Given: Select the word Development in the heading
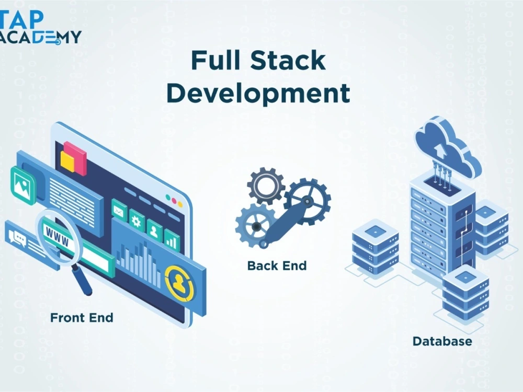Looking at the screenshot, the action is tap(258, 94).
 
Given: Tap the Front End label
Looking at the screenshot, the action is tap(82, 318).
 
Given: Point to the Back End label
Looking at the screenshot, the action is tap(277, 266).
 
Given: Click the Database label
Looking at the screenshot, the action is tap(442, 341).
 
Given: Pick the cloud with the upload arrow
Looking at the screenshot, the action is tap(448, 147).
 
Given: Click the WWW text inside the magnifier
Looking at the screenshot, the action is tap(57, 236).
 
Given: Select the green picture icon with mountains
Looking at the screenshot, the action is tap(23, 185).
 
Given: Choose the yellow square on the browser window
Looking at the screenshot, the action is tap(67, 161).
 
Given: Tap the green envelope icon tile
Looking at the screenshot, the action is tap(119, 211).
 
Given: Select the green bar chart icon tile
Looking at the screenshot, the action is tap(172, 240).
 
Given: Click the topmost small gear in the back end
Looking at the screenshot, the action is tap(266, 186).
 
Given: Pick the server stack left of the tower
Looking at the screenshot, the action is tap(375, 247).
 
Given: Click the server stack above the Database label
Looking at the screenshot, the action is tap(465, 293).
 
